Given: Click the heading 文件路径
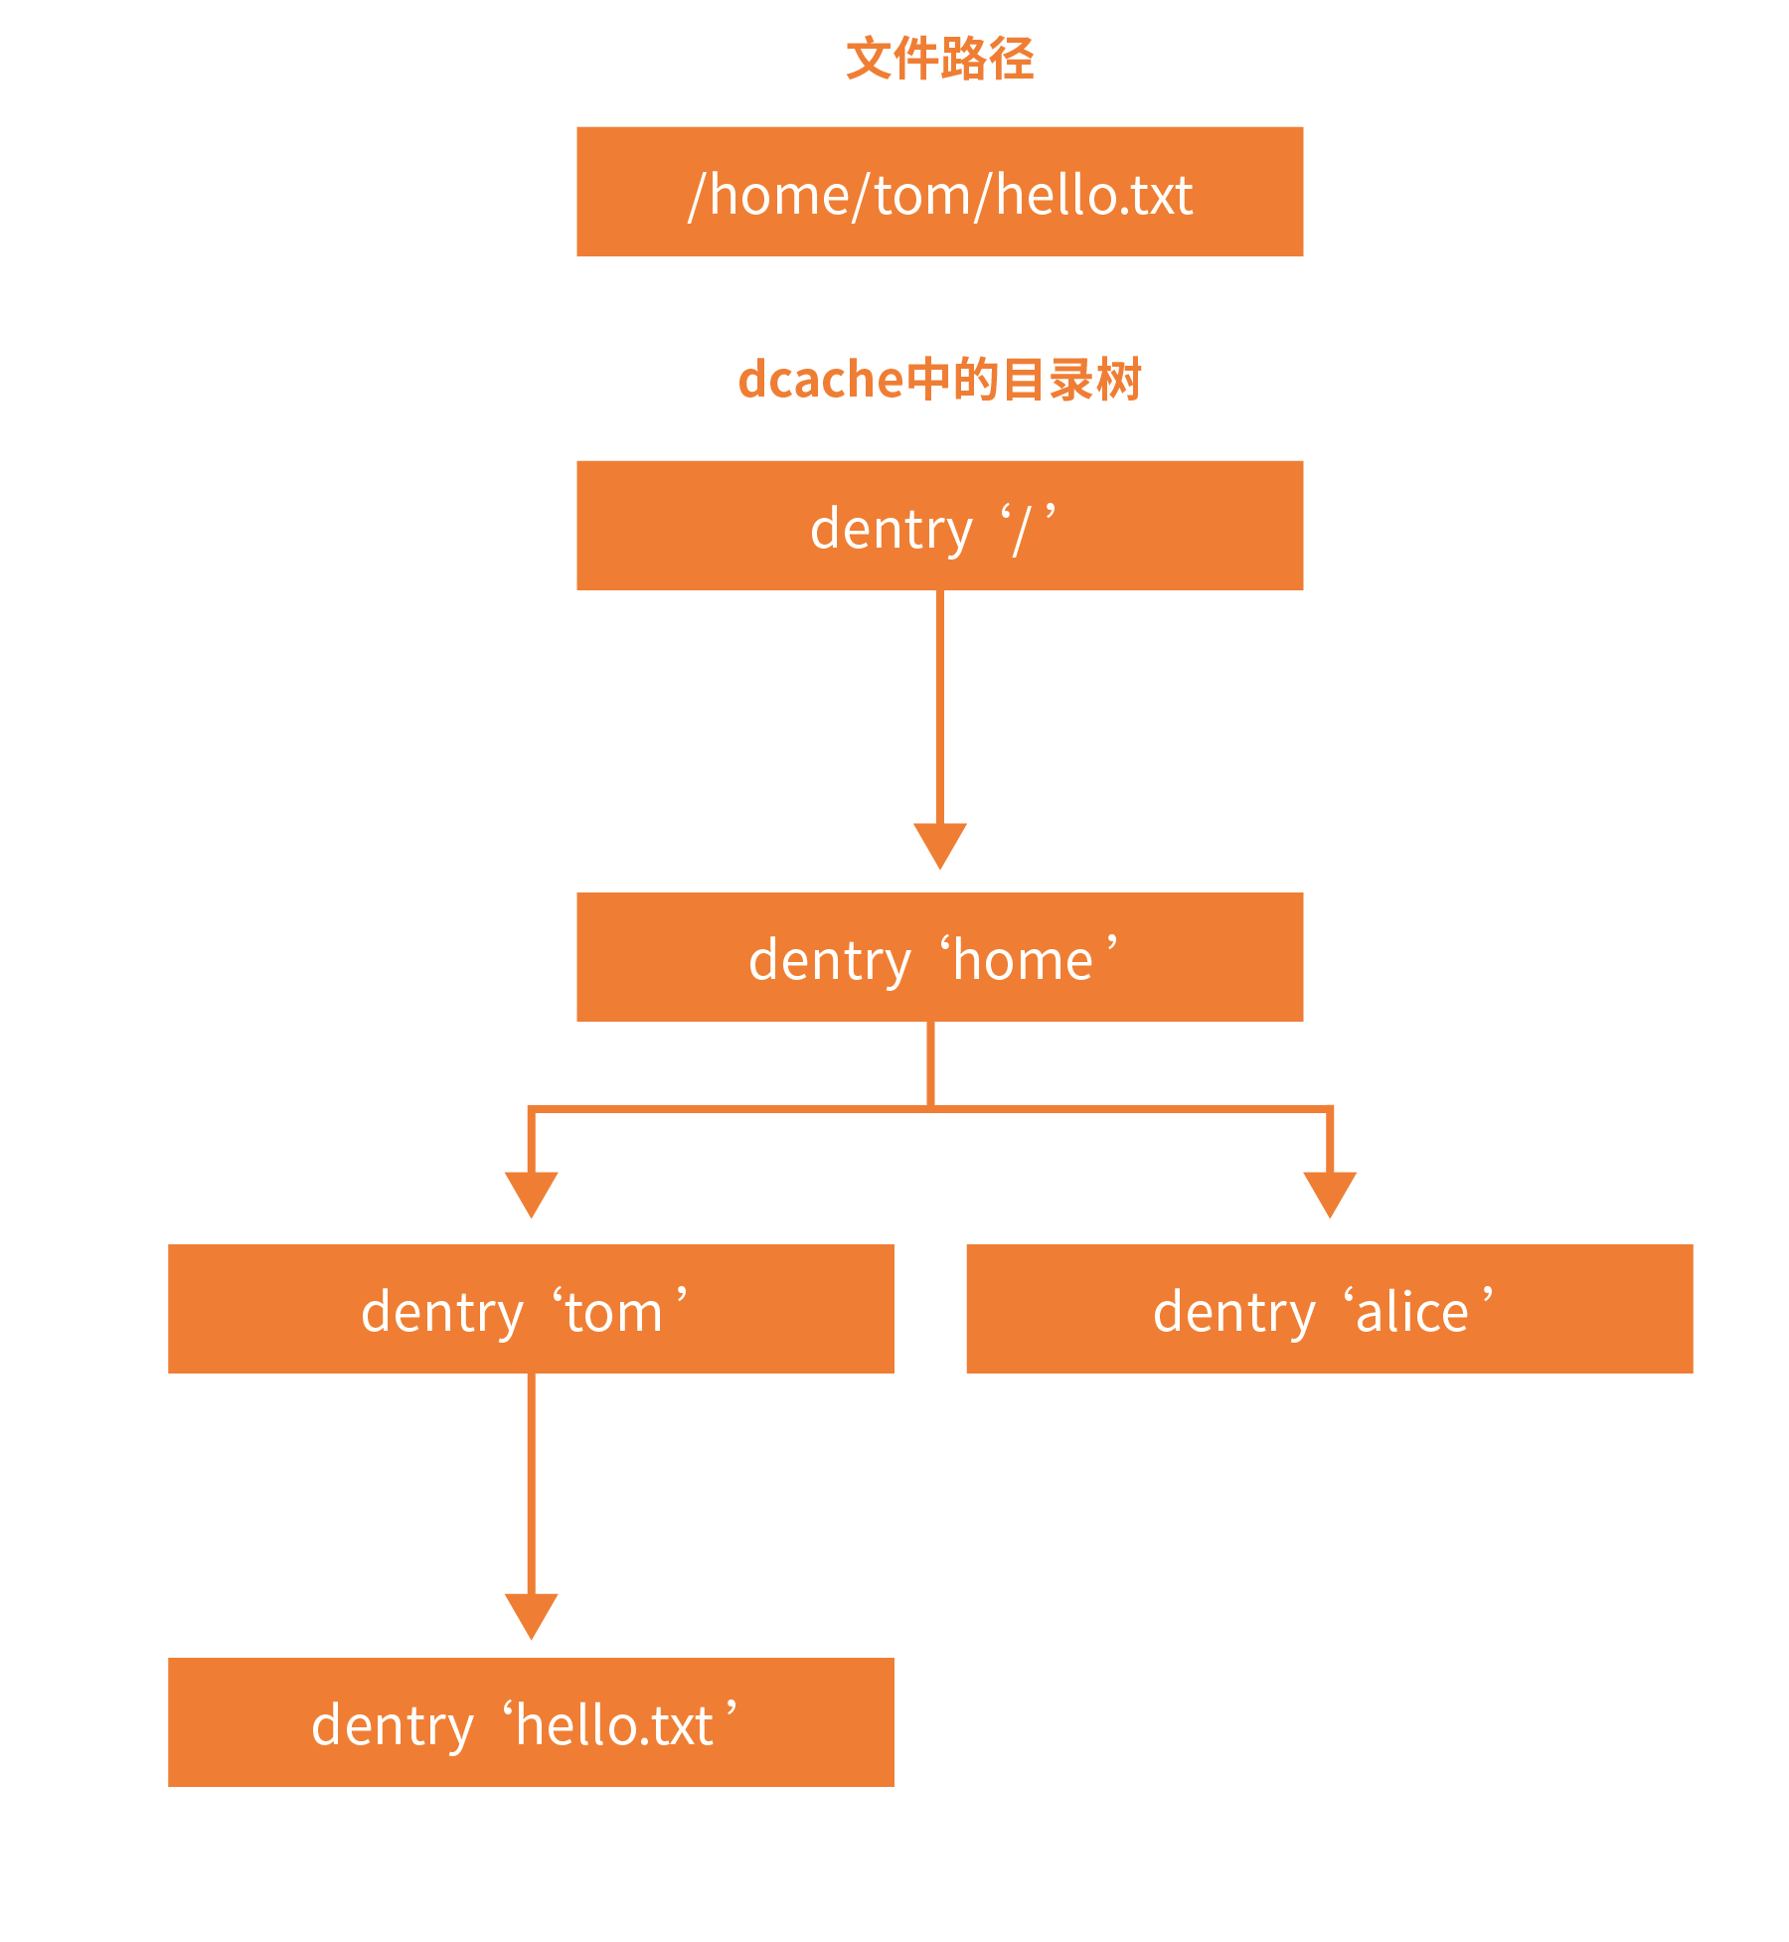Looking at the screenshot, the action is coord(939,59).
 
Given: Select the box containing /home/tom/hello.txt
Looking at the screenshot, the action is coord(939,192).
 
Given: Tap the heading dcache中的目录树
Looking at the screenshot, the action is coord(939,380).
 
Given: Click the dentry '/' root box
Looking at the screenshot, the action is coord(939,526).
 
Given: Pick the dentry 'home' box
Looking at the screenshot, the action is coord(939,957).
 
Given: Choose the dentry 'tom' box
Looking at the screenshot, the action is coord(531,1309).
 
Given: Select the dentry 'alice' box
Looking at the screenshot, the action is coord(1330,1309).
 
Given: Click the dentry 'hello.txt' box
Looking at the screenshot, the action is coord(531,1722).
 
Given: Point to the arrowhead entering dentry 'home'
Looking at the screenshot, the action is coord(939,846).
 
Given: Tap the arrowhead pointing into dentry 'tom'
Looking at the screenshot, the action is coord(531,1195).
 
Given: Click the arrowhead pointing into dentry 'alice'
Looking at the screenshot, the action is coord(1330,1195).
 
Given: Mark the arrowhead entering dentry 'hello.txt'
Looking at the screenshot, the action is coord(531,1616).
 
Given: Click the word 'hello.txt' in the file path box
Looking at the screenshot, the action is coord(1093,194).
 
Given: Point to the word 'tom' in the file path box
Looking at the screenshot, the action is coord(920,196).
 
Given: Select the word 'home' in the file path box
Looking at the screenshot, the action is coord(779,194).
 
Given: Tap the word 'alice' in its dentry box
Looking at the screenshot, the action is coord(1411,1311).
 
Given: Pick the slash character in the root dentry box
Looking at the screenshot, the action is coord(1022,529).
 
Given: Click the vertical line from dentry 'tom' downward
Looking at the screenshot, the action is coord(531,1484).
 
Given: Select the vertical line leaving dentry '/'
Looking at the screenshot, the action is coord(939,708).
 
